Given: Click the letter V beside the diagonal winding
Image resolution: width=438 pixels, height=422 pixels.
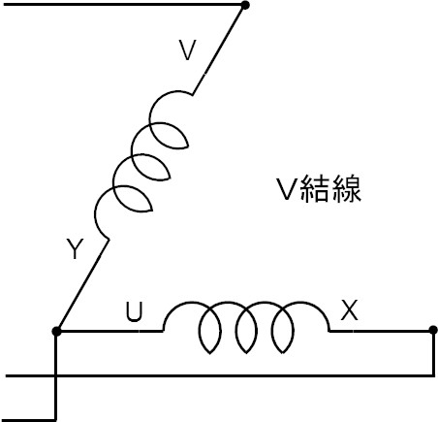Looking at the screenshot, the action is point(188,50).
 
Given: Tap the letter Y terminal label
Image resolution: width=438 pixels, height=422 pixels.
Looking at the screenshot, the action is point(75,248).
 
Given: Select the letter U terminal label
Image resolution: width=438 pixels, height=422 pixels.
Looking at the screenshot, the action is point(134,312).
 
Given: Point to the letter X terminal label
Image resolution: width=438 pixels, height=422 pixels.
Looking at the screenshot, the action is point(350,309).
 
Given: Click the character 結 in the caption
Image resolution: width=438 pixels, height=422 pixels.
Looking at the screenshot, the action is point(315,189).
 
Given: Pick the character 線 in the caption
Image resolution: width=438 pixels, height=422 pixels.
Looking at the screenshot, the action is point(346,189).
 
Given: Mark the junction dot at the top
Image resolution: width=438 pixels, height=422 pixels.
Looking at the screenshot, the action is point(245,5).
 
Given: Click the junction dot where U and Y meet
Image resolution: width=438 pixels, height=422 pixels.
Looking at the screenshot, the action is point(56,331).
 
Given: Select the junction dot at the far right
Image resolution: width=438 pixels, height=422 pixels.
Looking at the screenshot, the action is point(433,330).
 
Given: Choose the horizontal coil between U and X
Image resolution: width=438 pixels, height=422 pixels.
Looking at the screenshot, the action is point(246,327).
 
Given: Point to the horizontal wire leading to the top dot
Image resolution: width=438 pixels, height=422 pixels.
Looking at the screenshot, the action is point(123,5).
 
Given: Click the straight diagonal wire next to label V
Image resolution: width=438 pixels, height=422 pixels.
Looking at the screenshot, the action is point(219,49).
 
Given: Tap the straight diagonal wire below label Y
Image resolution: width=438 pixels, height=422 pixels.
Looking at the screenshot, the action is point(82,285).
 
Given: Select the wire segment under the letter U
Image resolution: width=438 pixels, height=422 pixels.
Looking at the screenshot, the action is point(109,331).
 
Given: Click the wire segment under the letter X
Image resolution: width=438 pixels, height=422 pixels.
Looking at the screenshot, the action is point(381,331).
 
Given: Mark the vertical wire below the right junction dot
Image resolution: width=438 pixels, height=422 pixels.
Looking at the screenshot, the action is point(433,353).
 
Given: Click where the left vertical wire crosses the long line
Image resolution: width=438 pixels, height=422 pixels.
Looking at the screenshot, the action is point(56,375).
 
